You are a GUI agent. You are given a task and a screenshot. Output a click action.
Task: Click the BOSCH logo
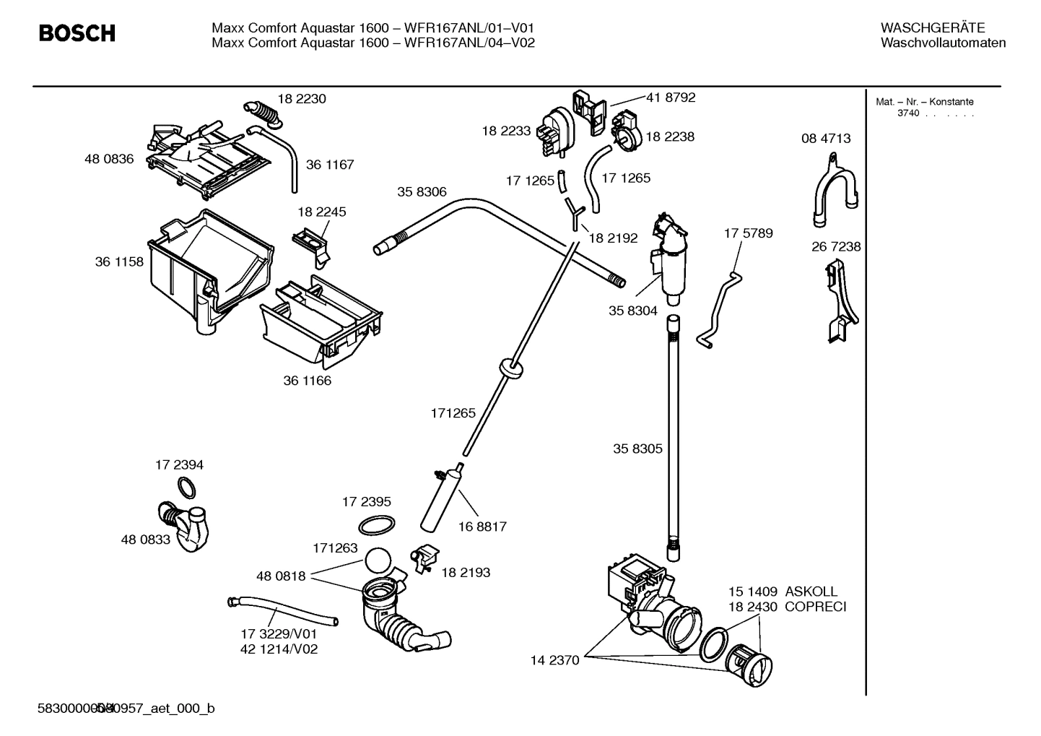coord(77,33)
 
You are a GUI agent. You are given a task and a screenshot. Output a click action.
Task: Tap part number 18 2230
coord(302,99)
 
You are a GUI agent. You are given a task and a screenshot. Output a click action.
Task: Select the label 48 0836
coord(109,159)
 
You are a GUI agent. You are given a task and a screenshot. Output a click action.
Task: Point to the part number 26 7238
coord(836,246)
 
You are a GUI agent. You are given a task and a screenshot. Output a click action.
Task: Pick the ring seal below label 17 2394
coord(186,488)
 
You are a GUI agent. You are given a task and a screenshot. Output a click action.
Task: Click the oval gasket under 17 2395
coord(376,526)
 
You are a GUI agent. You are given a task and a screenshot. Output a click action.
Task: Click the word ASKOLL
coord(811,592)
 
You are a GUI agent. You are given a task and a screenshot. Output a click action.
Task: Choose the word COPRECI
coord(815,607)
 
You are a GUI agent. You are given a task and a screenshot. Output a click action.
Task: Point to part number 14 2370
coord(554,660)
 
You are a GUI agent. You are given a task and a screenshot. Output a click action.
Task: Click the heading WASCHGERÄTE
coord(932,28)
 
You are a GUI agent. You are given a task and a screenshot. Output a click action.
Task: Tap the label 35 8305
coord(637,449)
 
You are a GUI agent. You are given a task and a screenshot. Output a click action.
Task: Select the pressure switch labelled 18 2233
coord(555,130)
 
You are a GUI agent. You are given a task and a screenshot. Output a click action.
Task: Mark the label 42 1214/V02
coord(279,649)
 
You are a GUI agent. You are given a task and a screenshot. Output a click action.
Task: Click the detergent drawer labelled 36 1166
coord(321,321)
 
